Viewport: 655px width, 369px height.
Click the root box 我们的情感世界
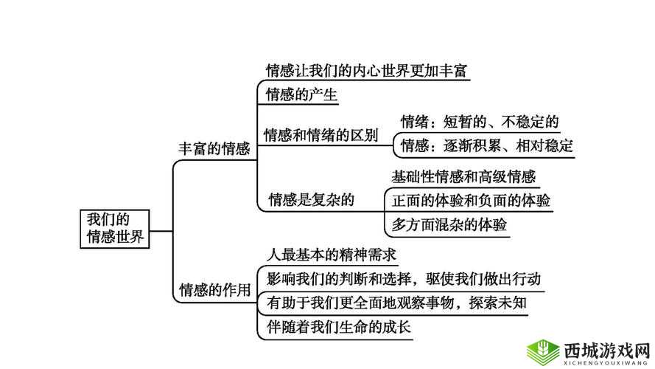(114, 228)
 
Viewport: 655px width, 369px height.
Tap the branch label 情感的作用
(214, 290)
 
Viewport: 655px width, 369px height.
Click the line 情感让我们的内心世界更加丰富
(367, 71)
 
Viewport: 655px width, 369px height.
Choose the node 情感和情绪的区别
(321, 135)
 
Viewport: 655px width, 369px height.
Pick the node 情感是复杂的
(312, 199)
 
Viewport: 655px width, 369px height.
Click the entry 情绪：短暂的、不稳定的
(479, 122)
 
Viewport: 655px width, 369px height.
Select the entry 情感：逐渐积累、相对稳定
(486, 145)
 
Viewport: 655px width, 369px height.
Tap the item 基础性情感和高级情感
(463, 177)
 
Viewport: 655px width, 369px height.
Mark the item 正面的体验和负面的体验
(471, 201)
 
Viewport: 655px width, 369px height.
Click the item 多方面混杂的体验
(449, 224)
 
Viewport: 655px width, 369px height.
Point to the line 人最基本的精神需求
(332, 255)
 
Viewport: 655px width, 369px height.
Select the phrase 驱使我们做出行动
(483, 278)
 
